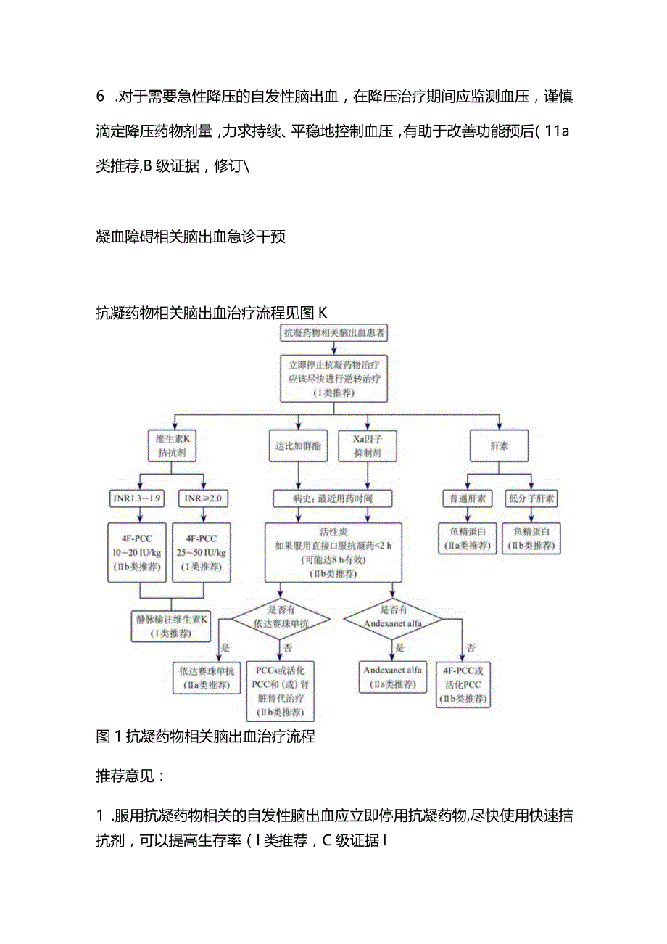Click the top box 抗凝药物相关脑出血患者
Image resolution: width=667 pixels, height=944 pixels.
(333, 334)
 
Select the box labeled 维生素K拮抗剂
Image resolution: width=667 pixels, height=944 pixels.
(172, 446)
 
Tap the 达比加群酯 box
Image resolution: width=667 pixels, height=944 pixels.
(297, 446)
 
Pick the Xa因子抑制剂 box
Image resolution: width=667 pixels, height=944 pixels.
(368, 446)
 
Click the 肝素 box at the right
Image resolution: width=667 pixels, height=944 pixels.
(499, 446)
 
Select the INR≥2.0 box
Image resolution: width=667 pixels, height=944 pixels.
(203, 498)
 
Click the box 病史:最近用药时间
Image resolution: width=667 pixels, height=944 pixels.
(333, 498)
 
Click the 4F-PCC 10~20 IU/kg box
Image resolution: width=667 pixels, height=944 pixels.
(138, 552)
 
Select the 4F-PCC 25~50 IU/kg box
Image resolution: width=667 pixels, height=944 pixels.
(202, 552)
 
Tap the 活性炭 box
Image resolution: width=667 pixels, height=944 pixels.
(333, 551)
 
